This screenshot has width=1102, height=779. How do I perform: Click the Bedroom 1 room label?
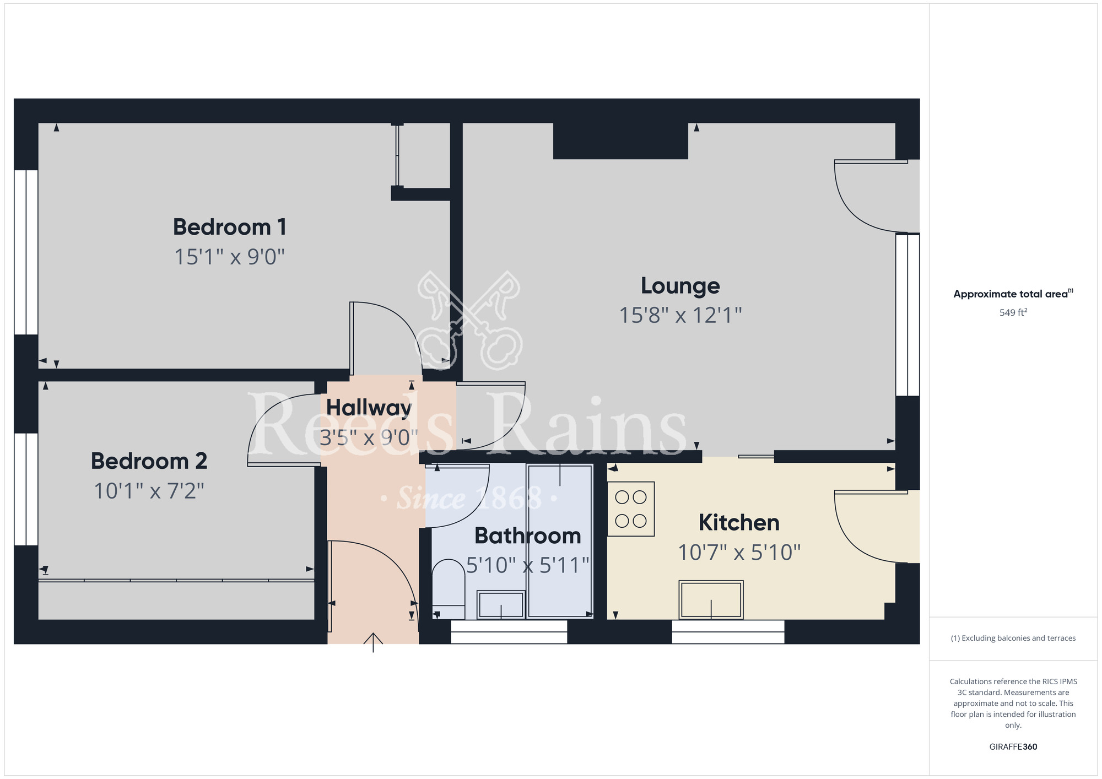tap(230, 227)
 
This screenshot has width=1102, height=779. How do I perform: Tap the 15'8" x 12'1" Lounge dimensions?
tap(680, 315)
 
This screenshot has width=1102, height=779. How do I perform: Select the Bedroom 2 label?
tap(149, 461)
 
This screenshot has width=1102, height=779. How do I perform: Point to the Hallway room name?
tap(369, 408)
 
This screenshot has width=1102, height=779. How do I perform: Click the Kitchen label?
tap(739, 522)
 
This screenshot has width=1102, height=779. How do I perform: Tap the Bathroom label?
tap(527, 535)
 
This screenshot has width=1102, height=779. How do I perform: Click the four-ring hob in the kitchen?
tap(631, 509)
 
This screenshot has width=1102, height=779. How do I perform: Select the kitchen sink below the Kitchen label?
tap(711, 600)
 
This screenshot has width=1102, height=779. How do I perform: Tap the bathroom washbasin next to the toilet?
tap(500, 604)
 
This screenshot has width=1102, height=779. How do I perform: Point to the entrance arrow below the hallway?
tap(373, 642)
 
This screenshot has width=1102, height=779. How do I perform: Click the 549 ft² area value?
tap(1013, 312)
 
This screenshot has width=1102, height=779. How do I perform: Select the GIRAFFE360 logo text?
tap(1013, 747)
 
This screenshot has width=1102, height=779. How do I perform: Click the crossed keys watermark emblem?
tap(469, 320)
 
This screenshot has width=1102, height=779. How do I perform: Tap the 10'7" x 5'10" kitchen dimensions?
tap(739, 552)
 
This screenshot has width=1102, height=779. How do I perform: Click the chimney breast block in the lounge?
tap(620, 140)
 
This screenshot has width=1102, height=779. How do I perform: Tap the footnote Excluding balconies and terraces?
tap(1013, 638)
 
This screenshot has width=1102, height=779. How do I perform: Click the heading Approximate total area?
tap(1013, 294)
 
